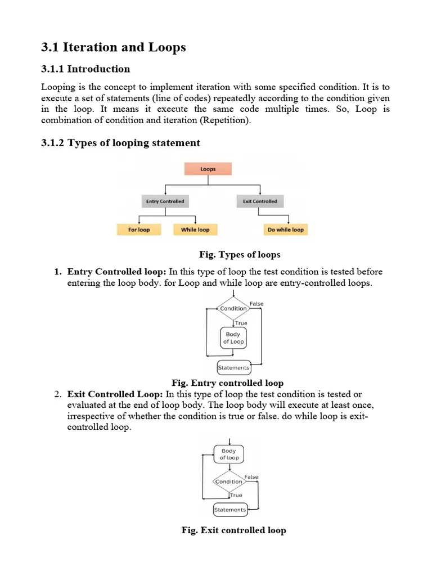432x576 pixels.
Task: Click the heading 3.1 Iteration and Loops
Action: click(114, 48)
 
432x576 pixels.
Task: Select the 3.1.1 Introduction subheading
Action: click(85, 69)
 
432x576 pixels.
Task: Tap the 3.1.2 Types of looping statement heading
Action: click(120, 143)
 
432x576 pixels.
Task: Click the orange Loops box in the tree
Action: click(208, 169)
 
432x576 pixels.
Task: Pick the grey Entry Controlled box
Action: click(165, 201)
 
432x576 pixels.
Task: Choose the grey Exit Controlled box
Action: click(260, 201)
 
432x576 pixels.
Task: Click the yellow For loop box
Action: click(139, 229)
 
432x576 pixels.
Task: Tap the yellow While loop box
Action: click(195, 229)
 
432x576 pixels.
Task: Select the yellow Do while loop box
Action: click(285, 229)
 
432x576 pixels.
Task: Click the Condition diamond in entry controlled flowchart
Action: click(233, 308)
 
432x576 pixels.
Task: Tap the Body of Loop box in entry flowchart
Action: click(233, 337)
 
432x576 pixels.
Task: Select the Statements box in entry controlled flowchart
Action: click(233, 368)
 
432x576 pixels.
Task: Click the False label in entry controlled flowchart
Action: click(256, 304)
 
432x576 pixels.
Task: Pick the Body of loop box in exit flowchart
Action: click(229, 454)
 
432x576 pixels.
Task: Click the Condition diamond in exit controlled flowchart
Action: click(229, 481)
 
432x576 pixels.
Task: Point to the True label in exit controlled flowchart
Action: click(236, 495)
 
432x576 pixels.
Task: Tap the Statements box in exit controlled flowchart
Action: click(230, 510)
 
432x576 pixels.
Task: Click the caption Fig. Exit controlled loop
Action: click(233, 530)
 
